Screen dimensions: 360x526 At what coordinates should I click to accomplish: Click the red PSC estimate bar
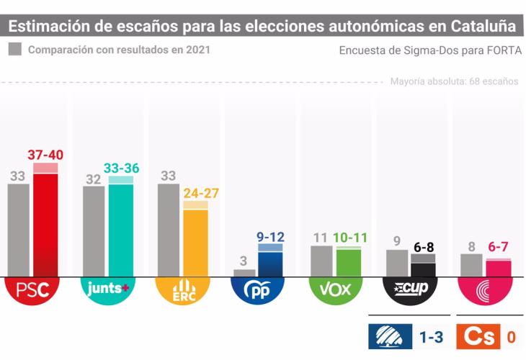[45, 223]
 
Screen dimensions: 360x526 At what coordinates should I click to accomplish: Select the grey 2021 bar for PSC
[19, 230]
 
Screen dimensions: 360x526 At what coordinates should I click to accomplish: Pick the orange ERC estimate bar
[195, 241]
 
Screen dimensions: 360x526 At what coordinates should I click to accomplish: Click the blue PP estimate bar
[270, 263]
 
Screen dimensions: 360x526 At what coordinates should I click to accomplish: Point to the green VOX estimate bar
[349, 261]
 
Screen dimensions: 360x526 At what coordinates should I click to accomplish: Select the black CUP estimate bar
[423, 268]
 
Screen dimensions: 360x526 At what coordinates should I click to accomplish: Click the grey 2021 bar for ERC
[169, 230]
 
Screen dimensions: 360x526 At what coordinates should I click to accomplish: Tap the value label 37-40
[45, 154]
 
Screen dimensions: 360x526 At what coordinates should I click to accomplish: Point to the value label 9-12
[270, 235]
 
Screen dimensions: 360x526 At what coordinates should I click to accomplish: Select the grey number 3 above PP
[245, 261]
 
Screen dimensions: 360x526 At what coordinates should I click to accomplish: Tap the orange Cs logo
[480, 336]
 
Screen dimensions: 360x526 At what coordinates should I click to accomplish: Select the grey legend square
[15, 50]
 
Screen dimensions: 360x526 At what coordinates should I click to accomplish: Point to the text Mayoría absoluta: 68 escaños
[454, 81]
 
